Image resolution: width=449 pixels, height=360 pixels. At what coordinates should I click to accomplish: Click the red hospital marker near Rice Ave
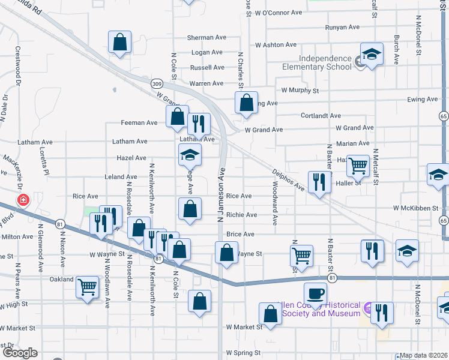click(23, 199)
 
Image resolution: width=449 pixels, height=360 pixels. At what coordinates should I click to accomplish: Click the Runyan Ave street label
click(342, 28)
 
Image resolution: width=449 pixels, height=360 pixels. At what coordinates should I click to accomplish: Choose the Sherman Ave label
click(206, 37)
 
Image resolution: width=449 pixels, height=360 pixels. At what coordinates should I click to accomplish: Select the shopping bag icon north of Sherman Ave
click(119, 43)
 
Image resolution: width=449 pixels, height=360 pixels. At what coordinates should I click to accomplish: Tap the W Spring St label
click(244, 353)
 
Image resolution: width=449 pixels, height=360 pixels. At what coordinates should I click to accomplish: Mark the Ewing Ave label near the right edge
click(423, 100)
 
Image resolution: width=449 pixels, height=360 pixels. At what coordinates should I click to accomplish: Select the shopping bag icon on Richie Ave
click(190, 210)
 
